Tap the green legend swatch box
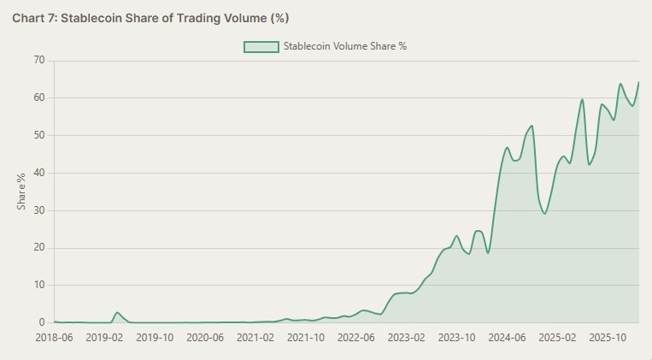tap(261, 46)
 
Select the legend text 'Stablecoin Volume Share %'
tap(344, 46)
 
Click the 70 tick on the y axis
tap(39, 60)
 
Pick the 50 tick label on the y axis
tap(39, 135)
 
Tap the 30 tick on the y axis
tap(39, 210)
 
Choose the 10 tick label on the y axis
tap(39, 286)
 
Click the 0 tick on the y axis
tap(42, 322)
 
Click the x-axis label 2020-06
tap(205, 338)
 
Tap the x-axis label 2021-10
tap(306, 338)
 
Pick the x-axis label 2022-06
tap(356, 338)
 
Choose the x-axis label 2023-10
tap(457, 338)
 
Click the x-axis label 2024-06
tap(508, 338)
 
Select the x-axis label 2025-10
tap(608, 338)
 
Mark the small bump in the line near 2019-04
tap(117, 313)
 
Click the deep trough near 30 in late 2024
tap(544, 213)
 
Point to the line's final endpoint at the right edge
tap(638, 82)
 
